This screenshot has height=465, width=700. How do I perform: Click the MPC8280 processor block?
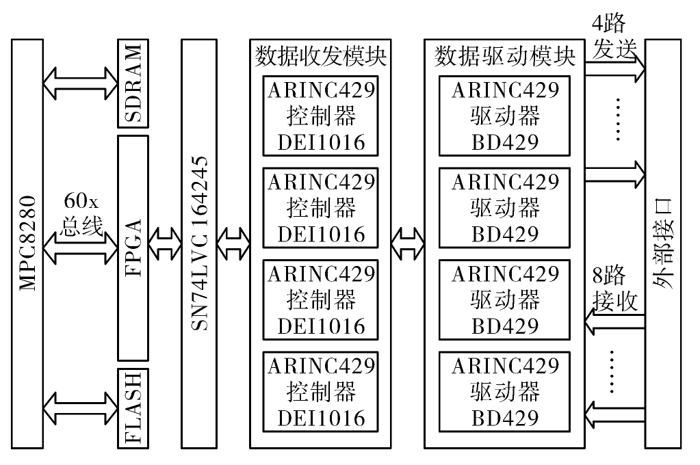27,243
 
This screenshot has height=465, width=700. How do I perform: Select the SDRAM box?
133,83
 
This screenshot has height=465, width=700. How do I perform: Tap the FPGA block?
133,248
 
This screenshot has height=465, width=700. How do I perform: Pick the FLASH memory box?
133,408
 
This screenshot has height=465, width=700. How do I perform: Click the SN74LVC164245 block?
199,243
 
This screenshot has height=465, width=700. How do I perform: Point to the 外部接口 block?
663,243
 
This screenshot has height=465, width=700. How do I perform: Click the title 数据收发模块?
320,56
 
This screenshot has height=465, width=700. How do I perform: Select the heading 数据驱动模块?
504,56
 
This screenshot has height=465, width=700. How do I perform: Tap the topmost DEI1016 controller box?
320,116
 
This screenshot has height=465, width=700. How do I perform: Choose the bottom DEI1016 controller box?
320,392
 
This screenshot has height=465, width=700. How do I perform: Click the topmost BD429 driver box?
504,116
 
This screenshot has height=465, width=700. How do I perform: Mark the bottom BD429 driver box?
504,392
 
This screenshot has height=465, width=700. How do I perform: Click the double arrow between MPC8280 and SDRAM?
81,83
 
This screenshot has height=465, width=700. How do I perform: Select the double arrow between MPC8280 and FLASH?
81,408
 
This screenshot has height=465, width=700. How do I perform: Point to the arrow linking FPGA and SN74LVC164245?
165,243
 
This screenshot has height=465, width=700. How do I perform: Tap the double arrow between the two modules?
408,243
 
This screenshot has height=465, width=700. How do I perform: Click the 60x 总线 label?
81,213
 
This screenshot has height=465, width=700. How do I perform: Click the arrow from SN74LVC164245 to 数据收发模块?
233,243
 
